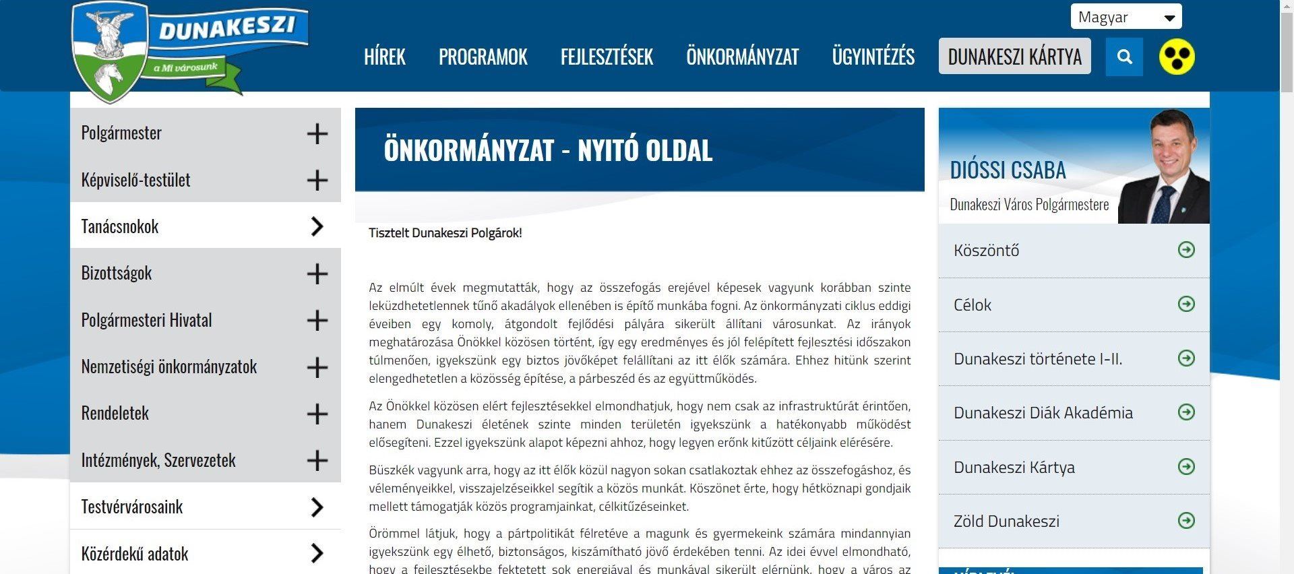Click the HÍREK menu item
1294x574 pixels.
tap(384, 57)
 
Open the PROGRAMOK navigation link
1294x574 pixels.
tap(483, 57)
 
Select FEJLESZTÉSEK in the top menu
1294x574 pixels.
tap(607, 57)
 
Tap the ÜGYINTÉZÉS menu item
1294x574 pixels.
tap(873, 57)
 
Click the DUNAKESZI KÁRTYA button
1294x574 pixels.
tap(1014, 57)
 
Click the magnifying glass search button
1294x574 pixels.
tap(1124, 57)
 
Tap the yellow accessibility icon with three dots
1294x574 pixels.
tap(1177, 57)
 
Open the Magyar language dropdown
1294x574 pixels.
tap(1126, 18)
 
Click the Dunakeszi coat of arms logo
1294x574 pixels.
tap(111, 51)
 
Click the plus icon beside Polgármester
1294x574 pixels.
tap(317, 133)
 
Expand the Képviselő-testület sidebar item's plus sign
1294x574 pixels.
tap(317, 180)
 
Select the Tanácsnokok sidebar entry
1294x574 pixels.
tap(120, 226)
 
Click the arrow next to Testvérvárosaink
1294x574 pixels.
tap(317, 507)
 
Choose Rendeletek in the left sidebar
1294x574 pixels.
tap(115, 413)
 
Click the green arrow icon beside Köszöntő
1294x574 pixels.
tap(1186, 250)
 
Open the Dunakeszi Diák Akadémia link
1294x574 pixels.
tap(1043, 413)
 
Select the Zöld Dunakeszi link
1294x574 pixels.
tap(1006, 521)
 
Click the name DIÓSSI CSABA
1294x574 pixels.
tap(1008, 170)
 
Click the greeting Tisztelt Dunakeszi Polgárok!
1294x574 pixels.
tap(445, 233)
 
